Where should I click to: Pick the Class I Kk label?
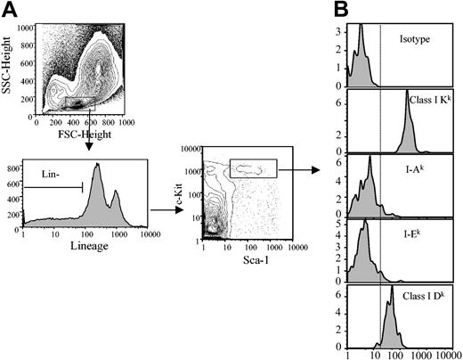(x=426, y=100)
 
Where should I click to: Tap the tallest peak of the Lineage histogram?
(x=95, y=165)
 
